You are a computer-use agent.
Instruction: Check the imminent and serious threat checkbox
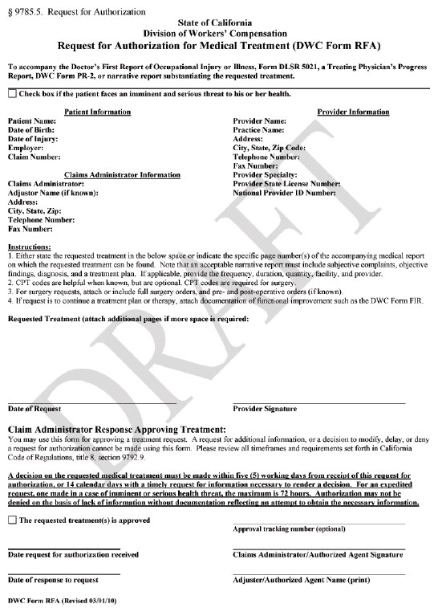(12, 93)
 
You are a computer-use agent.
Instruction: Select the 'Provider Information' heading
(353, 112)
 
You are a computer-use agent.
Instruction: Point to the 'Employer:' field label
(26, 148)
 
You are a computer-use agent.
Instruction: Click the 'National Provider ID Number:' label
(284, 194)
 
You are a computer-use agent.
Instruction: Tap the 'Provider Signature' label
(265, 409)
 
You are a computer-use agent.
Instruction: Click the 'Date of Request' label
(34, 409)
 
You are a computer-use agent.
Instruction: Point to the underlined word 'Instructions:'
(29, 247)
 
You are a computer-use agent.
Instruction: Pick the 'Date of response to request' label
(53, 579)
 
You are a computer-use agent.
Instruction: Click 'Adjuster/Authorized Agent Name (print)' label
(301, 579)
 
